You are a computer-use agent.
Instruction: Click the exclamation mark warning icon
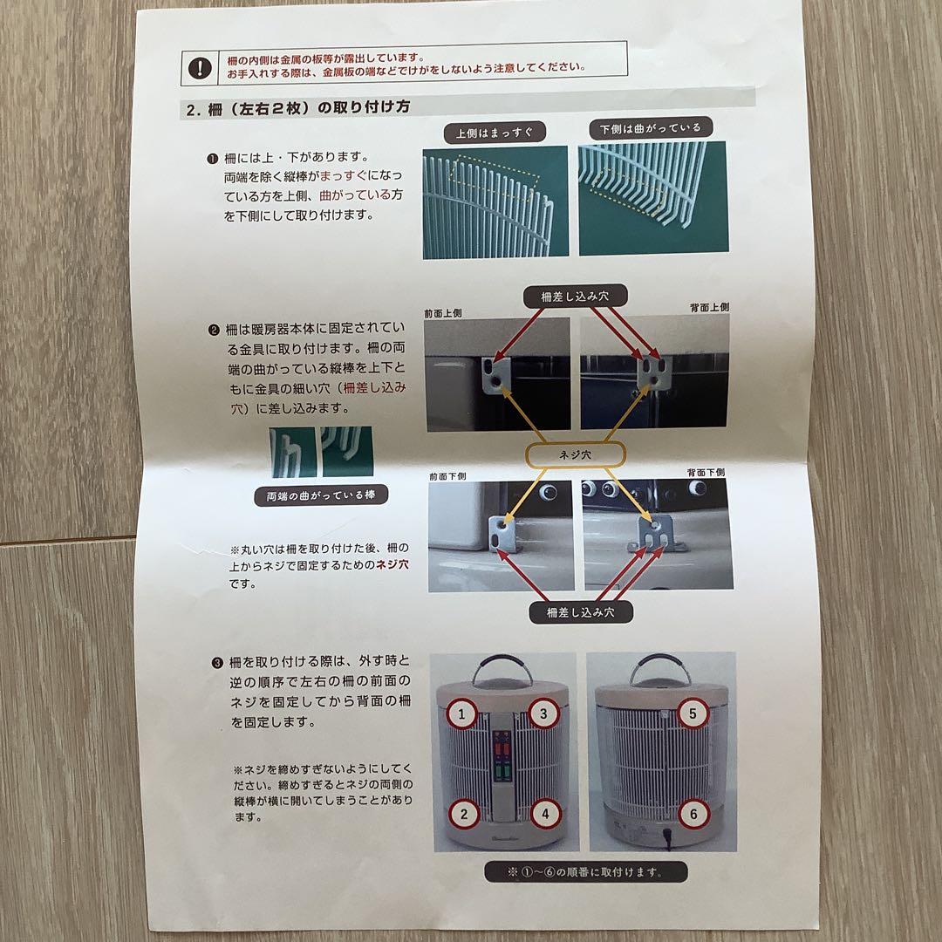(x=200, y=68)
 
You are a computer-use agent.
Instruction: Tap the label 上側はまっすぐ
(x=495, y=133)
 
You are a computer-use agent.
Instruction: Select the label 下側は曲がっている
(x=651, y=128)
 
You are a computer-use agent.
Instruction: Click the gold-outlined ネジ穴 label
(x=576, y=454)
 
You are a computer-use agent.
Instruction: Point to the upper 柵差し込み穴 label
(x=575, y=297)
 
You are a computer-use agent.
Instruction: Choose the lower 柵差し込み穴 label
(x=580, y=612)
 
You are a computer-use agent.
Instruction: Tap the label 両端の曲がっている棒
(x=321, y=495)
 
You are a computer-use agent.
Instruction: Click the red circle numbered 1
(x=461, y=714)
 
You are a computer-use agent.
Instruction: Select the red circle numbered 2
(x=464, y=815)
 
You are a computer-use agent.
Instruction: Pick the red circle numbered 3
(x=543, y=713)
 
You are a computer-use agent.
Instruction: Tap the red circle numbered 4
(x=545, y=814)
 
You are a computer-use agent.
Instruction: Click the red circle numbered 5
(x=693, y=713)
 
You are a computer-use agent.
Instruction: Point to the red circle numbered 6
(x=693, y=814)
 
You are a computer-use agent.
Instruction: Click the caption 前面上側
(x=443, y=314)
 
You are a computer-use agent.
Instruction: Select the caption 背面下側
(x=706, y=473)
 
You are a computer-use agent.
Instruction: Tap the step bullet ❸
(x=217, y=663)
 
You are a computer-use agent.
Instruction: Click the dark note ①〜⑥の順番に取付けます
(x=586, y=871)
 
